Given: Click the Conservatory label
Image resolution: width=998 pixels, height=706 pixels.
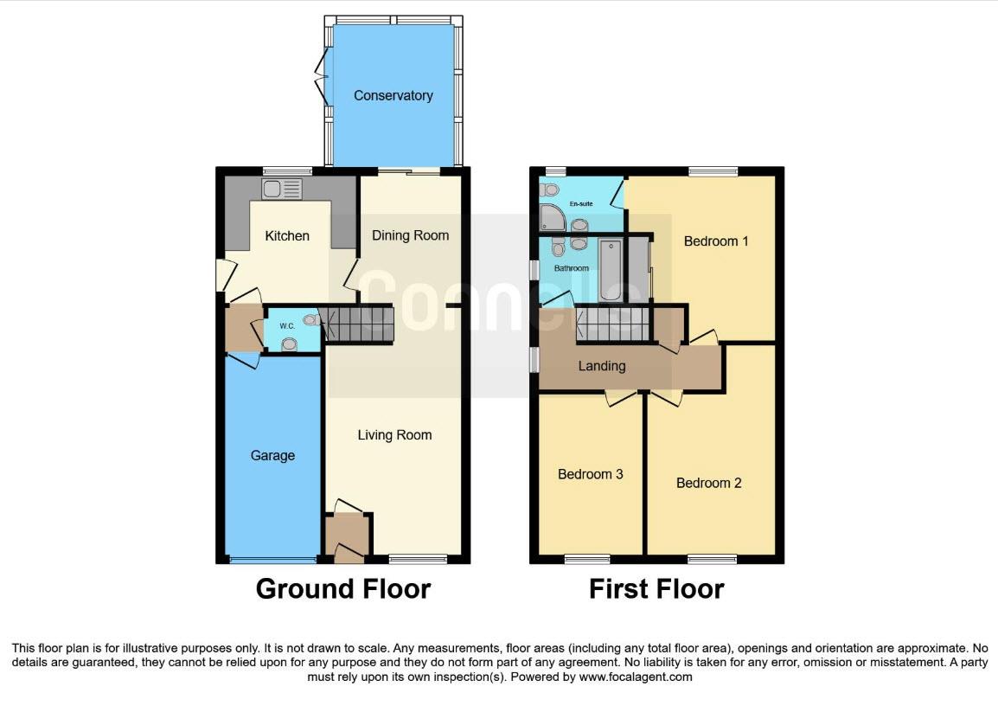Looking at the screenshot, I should click(393, 95).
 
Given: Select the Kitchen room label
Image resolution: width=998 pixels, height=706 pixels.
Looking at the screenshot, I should click(286, 235).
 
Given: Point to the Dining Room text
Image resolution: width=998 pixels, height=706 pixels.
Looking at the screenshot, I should click(410, 235).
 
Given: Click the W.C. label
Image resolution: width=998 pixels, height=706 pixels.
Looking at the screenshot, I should click(287, 326).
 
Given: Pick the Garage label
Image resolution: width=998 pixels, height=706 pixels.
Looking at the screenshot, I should click(272, 455).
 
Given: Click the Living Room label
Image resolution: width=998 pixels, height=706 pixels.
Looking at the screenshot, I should click(394, 434).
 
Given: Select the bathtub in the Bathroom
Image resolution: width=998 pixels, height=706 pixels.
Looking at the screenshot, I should click(610, 270).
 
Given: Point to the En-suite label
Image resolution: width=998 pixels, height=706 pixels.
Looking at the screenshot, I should click(580, 204).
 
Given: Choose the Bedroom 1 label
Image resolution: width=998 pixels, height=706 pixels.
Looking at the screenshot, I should click(715, 241).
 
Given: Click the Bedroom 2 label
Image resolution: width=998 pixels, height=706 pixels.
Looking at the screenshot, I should click(708, 483).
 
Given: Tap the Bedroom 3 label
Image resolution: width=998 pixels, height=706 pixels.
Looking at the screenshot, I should click(590, 474).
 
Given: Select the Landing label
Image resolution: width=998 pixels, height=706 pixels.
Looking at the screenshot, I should click(601, 366).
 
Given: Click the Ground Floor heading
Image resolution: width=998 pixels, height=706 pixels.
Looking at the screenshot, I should click(342, 589).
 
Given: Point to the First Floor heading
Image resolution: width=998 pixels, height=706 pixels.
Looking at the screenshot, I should click(656, 589).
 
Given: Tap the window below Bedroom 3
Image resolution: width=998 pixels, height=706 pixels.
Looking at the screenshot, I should click(587, 560).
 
